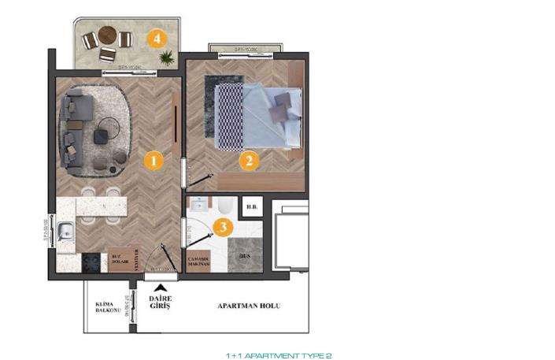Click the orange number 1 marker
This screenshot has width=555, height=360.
[x=154, y=161]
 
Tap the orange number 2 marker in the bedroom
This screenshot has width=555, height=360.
[x=249, y=161]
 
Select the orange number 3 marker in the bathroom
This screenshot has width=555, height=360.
[x=224, y=228]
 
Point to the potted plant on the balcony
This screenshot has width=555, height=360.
[x=166, y=58]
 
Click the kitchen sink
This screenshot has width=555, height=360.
[x=65, y=232]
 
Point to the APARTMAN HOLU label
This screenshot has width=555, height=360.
[x=250, y=306]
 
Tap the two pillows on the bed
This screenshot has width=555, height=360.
[x=279, y=107]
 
